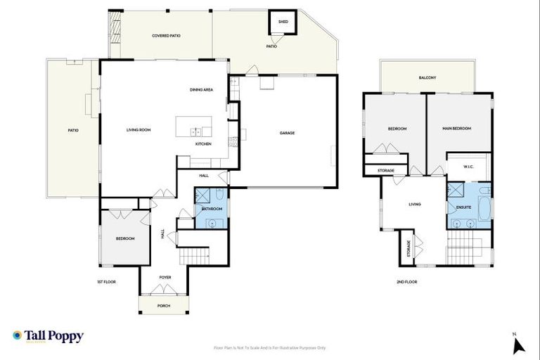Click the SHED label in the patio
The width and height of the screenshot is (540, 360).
(283, 22)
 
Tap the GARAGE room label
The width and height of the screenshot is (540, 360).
(287, 133)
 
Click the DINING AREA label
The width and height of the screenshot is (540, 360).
(201, 89)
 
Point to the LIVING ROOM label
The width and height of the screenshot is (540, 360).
(139, 130)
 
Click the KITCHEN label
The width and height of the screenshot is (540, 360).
(203, 144)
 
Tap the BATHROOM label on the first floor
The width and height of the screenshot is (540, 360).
(212, 209)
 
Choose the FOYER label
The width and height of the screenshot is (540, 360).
(165, 277)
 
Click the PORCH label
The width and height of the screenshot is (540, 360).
(163, 305)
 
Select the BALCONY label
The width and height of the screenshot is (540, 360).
(427, 77)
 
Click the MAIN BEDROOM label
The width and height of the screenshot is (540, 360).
(456, 129)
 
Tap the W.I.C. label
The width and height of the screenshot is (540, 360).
(469, 167)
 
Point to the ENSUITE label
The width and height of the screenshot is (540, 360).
(463, 207)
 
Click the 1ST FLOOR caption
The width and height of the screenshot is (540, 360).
(106, 281)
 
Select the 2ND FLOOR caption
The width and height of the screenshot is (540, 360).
(407, 281)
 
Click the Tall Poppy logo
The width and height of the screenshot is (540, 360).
(48, 337)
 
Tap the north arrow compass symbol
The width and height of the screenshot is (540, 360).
(519, 345)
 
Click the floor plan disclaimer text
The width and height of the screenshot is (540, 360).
(269, 347)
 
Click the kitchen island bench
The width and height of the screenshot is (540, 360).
(193, 127)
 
